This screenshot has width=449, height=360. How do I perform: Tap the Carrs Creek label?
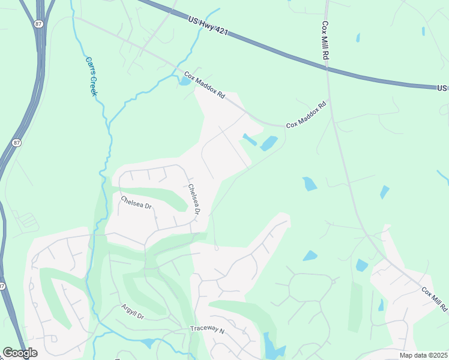[x=91, y=76]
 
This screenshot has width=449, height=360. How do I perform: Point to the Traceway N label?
[x=206, y=329]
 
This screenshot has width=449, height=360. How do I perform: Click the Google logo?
[x=20, y=353]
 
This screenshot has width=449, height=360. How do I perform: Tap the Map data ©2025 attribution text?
[x=423, y=355]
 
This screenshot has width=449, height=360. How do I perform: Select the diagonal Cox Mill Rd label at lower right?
[x=434, y=299]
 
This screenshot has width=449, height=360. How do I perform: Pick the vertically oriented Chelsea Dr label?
[x=193, y=199]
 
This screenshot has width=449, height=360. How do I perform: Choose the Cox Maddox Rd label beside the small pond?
[x=204, y=86]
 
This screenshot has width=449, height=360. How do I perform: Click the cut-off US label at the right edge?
[x=442, y=88]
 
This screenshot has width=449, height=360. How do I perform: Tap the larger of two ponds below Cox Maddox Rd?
[x=268, y=143]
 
